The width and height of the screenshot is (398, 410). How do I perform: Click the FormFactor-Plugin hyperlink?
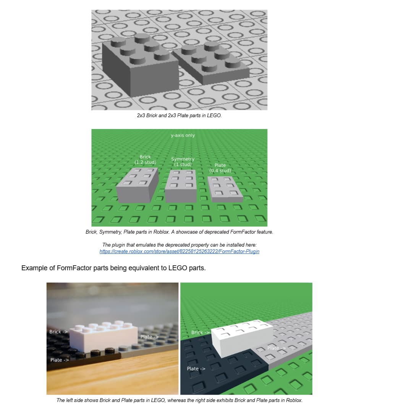(179, 251)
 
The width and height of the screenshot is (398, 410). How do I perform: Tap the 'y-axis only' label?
(183, 136)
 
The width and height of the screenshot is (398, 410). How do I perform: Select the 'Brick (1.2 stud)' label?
(145, 160)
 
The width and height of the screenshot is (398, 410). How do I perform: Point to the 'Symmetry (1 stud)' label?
(183, 161)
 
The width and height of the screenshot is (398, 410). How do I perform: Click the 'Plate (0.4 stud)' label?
(220, 168)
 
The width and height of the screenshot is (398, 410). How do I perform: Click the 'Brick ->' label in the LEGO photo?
(58, 332)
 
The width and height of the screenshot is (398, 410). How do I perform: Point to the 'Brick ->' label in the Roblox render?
(201, 333)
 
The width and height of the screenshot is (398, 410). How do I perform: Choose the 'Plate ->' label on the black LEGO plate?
(60, 360)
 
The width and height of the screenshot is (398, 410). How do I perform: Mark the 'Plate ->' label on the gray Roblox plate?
(277, 348)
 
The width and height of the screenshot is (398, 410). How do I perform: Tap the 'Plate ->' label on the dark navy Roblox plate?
(196, 369)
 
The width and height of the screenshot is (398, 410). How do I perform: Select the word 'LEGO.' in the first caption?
(214, 115)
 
